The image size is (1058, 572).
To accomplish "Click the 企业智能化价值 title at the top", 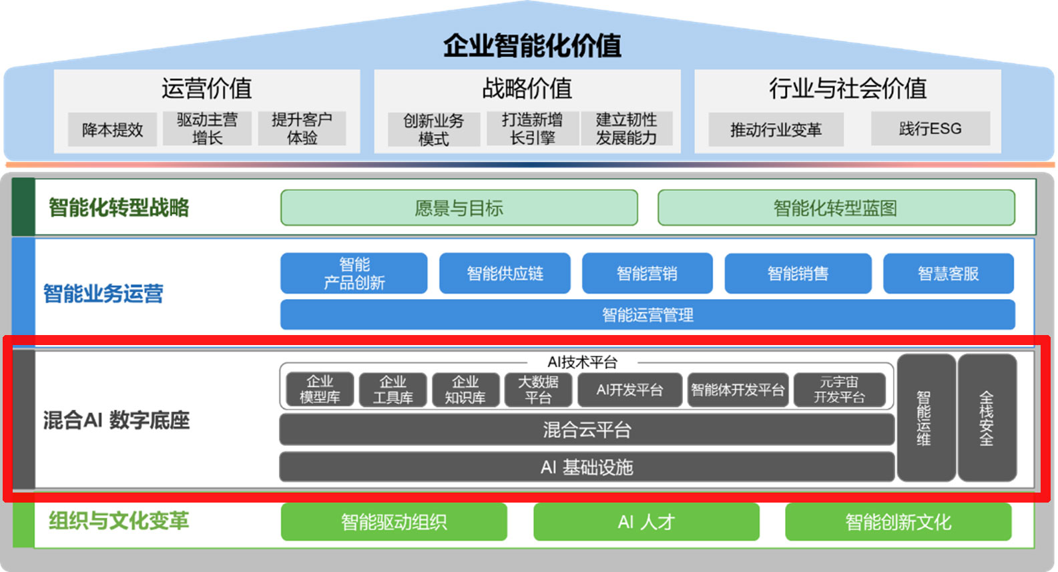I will pos(532,45).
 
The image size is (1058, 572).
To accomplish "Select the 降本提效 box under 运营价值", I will pos(112,129).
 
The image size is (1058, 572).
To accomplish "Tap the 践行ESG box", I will pos(930,129).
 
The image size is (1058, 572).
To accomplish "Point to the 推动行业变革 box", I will pos(776,129).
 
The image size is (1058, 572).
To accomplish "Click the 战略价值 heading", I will pos(527,88).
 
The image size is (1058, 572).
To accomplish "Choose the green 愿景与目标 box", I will pos(459,208).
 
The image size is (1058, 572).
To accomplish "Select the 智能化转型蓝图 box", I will pos(836,208).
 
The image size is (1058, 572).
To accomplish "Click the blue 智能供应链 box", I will pos(505,274).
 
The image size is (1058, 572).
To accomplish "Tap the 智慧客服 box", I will pos(948,274).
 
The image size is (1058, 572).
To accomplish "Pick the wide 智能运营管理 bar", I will pos(647,314).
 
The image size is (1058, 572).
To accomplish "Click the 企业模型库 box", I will pos(320,390).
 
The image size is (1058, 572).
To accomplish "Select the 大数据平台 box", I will pos(538,390).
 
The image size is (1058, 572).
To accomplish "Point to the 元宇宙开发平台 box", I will pos(839,390).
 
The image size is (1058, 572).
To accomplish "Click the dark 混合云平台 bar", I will pos(586,430).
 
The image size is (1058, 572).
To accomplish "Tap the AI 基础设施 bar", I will pos(586,467).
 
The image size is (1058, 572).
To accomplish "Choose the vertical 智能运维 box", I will pos(925,418).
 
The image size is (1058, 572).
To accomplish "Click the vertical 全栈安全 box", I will pos(987,418).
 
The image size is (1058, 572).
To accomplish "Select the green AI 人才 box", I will pos(645,522).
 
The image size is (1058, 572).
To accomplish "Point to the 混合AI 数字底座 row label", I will pos(116,420).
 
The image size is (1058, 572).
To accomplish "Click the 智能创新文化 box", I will pos(898,522).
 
